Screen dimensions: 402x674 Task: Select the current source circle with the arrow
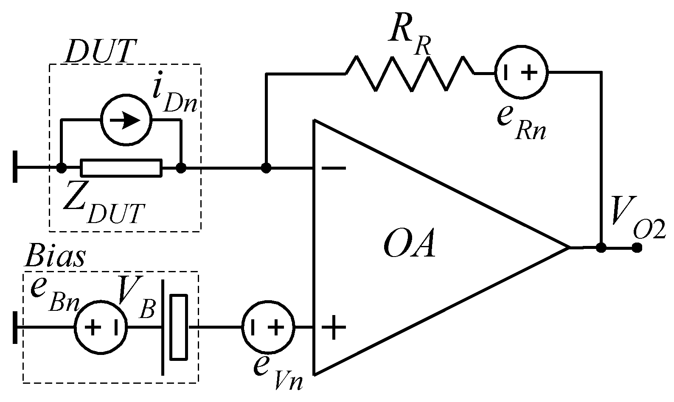[x=126, y=120]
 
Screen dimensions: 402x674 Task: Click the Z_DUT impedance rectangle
[x=121, y=168]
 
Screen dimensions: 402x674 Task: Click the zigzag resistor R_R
[x=410, y=73]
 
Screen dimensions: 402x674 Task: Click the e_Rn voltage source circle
[x=522, y=73]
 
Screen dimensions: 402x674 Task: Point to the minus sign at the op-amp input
[x=334, y=169]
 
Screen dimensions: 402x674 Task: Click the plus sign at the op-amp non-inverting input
[x=334, y=327]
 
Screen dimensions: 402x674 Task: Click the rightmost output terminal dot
[x=637, y=248]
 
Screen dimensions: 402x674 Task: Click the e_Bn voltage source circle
[x=101, y=327]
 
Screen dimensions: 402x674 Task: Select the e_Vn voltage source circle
[x=268, y=327]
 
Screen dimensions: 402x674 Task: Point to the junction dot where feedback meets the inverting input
[x=266, y=168]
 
